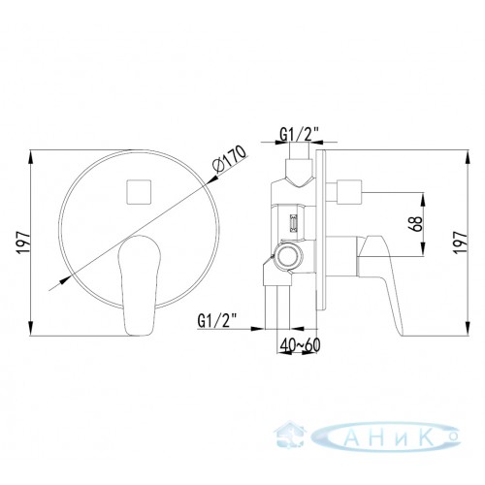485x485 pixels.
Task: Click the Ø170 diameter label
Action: pyautogui.click(x=230, y=160)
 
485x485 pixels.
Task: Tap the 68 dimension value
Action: pyautogui.click(x=415, y=223)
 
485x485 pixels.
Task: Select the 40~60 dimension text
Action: pyautogui.click(x=300, y=345)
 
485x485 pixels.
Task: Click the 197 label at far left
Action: pyautogui.click(x=23, y=242)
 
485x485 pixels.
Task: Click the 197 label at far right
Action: pyautogui.click(x=461, y=242)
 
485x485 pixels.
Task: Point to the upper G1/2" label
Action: pyautogui.click(x=300, y=135)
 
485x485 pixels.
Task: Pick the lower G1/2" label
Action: pyautogui.click(x=217, y=321)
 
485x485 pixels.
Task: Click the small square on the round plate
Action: pyautogui.click(x=139, y=192)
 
